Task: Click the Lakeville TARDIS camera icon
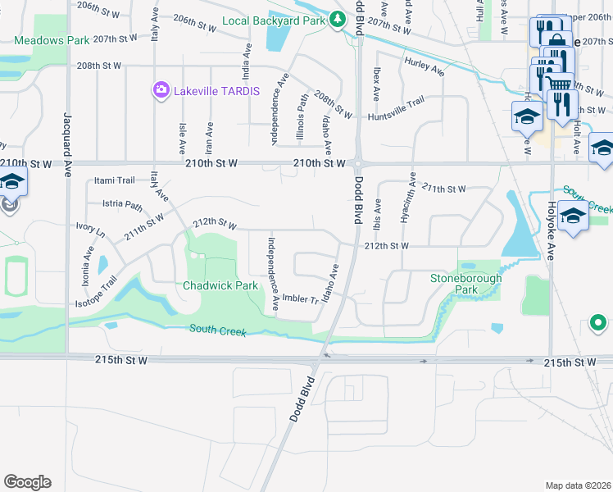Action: (161, 89)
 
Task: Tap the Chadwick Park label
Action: (220, 286)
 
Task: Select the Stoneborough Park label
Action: (465, 284)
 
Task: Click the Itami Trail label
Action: (114, 180)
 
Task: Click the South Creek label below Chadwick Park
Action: (217, 330)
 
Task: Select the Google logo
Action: (27, 482)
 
